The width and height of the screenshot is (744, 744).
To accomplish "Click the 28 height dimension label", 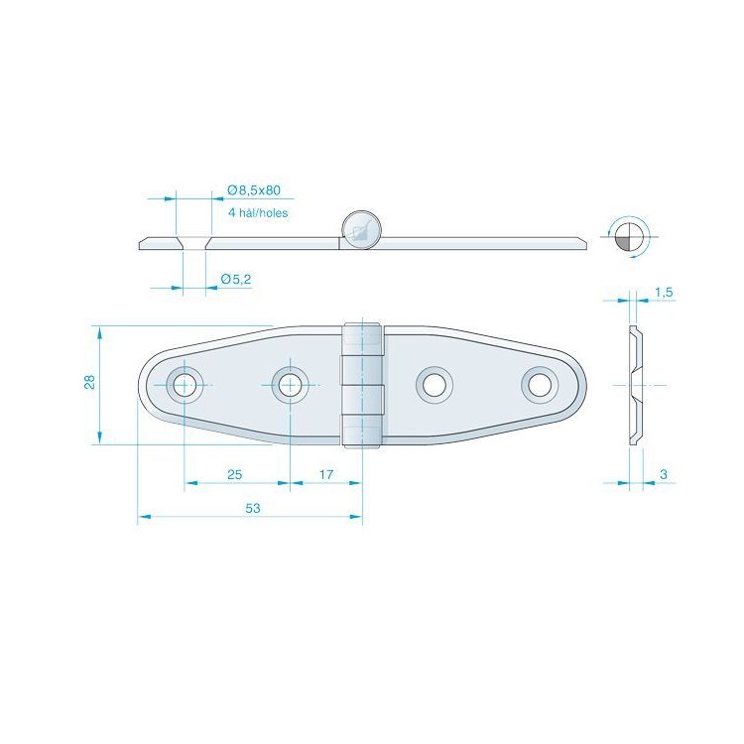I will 89,383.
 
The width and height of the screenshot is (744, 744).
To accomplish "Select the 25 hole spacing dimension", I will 235,475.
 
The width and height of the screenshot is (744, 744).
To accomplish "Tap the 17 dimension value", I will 326,475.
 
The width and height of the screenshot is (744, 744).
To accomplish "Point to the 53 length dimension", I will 252,508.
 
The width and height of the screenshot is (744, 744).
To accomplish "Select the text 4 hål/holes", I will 257,212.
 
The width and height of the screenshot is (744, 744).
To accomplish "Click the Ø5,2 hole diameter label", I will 235,280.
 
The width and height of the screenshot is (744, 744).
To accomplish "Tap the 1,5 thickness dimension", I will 664,292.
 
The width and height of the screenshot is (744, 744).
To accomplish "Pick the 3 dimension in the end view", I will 662,475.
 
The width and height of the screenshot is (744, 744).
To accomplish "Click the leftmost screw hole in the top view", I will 185,384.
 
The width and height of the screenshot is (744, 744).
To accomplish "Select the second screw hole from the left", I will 289,384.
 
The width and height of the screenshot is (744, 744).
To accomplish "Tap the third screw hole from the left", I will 434,384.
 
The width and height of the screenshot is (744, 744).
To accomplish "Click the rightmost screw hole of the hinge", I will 540,384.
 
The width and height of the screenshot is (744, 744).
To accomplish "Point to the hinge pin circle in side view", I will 360,229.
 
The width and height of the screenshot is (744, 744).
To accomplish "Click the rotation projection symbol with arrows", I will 626,236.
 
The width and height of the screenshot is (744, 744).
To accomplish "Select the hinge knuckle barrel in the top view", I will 362,384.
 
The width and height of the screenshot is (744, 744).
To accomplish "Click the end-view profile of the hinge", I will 635,384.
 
